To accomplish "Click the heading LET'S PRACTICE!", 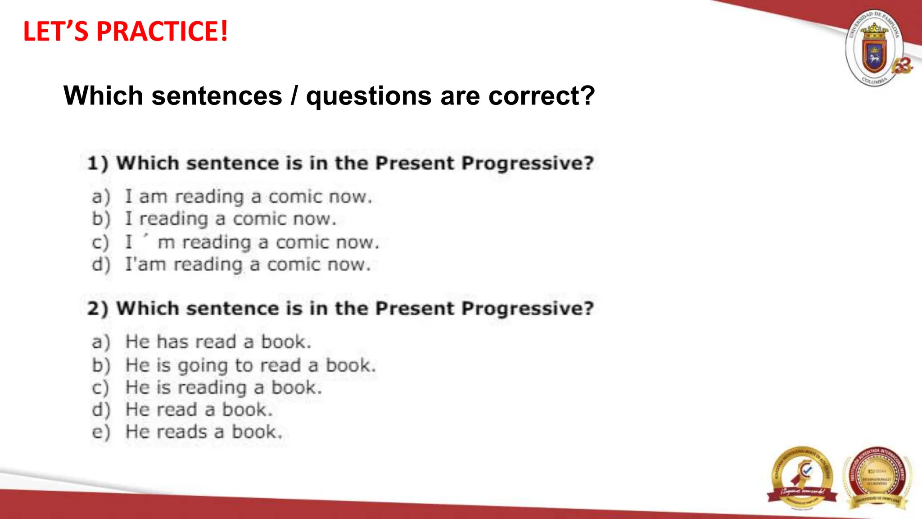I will pyautogui.click(x=125, y=32).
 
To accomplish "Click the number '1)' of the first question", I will pyautogui.click(x=98, y=163).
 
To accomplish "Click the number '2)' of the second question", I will pyautogui.click(x=98, y=309).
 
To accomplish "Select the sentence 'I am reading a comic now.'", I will pyautogui.click(x=249, y=197).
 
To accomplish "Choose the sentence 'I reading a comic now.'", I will pyautogui.click(x=230, y=219).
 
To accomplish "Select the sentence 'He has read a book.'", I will pyautogui.click(x=218, y=342).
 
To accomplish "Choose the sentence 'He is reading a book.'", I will pyautogui.click(x=224, y=388).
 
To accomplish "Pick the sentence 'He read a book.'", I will pyautogui.click(x=199, y=410).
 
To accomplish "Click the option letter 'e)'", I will pyautogui.click(x=101, y=432).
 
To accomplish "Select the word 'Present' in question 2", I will pyautogui.click(x=415, y=309).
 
